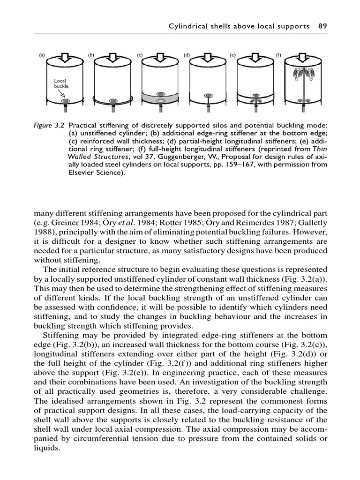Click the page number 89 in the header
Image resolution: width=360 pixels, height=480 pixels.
322,26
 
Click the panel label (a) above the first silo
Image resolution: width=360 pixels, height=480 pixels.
42,55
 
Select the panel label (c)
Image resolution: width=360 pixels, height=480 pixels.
139,55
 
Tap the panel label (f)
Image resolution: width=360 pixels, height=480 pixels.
278,55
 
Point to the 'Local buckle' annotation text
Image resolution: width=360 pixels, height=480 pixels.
61,84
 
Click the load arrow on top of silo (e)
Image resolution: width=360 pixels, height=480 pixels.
255,58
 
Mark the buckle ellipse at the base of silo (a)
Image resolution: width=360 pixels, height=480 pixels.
66,101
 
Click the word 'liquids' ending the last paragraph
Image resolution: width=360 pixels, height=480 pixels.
47,448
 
